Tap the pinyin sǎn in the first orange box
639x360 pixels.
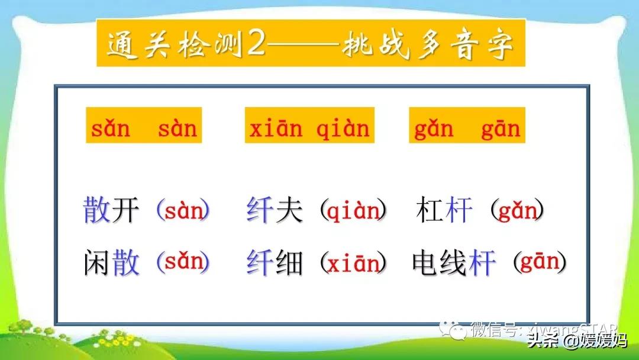(x=110, y=128)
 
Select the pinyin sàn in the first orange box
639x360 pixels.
(x=177, y=128)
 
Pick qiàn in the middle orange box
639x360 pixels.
(x=343, y=128)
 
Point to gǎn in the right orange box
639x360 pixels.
(x=434, y=128)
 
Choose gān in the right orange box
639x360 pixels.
(x=501, y=128)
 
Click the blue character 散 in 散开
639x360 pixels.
(x=97, y=211)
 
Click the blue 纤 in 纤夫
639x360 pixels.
(x=259, y=211)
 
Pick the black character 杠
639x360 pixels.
(x=430, y=211)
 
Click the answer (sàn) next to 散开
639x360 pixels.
(x=183, y=211)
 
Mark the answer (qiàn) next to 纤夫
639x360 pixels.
(x=353, y=211)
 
